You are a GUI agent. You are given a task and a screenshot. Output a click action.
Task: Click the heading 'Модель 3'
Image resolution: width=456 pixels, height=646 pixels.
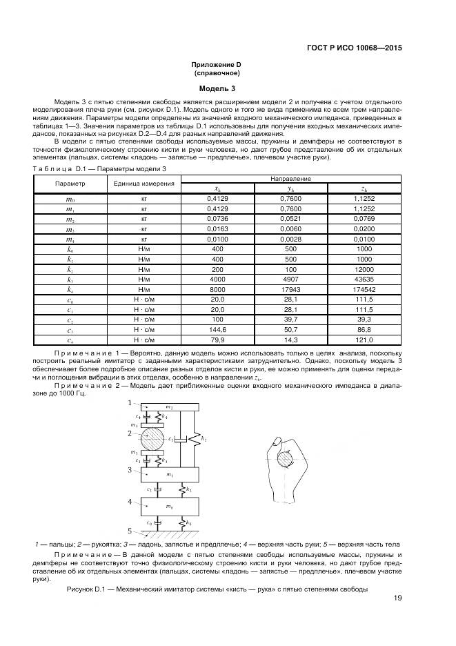[217, 89]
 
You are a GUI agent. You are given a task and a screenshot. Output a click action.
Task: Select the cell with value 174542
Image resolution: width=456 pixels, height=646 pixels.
[362, 290]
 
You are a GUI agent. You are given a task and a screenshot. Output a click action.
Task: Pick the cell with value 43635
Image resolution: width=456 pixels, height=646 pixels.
[362, 280]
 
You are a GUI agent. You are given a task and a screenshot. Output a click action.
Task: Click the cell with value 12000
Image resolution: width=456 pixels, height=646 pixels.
[362, 269]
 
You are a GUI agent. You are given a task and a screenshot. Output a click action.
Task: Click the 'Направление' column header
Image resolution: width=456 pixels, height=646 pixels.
[290, 178]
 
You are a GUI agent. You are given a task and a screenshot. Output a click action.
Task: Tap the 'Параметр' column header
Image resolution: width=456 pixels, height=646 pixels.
[70, 184]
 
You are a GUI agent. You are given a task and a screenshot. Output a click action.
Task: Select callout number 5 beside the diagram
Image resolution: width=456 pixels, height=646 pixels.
[129, 531]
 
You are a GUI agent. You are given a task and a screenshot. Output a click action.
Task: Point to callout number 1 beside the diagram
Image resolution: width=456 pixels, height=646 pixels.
[129, 402]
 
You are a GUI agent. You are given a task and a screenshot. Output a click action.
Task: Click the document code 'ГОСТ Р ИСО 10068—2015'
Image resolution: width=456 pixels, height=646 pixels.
[355, 48]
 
